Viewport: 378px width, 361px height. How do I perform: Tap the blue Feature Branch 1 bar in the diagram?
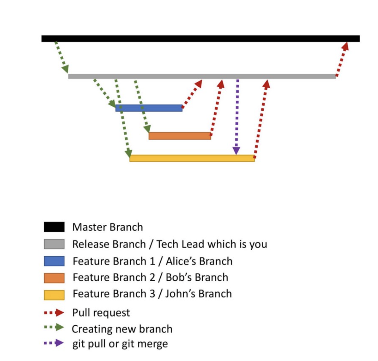149,108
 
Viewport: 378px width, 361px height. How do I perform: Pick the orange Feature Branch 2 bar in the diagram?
180,136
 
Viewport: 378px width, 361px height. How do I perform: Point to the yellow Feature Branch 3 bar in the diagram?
192,158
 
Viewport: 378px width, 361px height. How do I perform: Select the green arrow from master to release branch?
61,57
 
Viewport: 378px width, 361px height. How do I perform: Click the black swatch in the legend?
54,227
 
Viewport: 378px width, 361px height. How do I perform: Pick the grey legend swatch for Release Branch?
54,244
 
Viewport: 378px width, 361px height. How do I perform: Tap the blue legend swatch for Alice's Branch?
54,261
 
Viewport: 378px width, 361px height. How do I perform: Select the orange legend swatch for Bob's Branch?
54,278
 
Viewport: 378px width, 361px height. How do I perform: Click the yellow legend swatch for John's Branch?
54,295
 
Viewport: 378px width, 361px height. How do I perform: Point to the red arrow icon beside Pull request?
54,312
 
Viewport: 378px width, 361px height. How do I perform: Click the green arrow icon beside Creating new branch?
54,327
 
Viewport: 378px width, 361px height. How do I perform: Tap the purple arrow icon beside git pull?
54,343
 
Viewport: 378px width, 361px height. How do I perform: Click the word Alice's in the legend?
182,261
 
